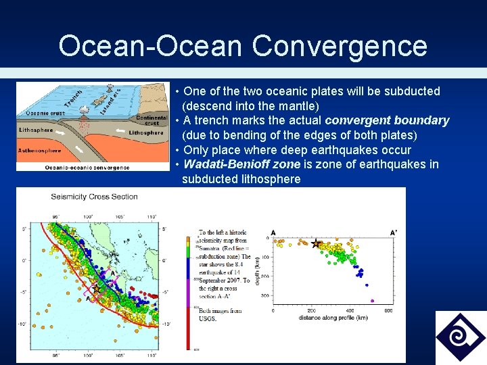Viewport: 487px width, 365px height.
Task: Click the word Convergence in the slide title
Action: [x=340, y=46]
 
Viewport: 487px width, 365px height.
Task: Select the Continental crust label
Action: [x=152, y=120]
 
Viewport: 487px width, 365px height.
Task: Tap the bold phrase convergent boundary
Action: [x=387, y=120]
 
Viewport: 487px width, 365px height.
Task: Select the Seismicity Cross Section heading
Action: [x=94, y=197]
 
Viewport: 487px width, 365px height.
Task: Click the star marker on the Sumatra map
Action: [x=96, y=289]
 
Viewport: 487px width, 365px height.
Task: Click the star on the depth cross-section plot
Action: [x=316, y=243]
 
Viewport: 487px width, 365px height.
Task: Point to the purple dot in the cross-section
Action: [x=371, y=300]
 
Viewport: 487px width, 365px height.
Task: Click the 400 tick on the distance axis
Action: [x=350, y=311]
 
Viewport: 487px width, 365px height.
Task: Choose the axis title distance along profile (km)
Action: [x=331, y=318]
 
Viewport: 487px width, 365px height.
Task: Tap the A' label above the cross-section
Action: [x=394, y=233]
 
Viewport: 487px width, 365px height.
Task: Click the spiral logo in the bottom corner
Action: [x=460, y=337]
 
